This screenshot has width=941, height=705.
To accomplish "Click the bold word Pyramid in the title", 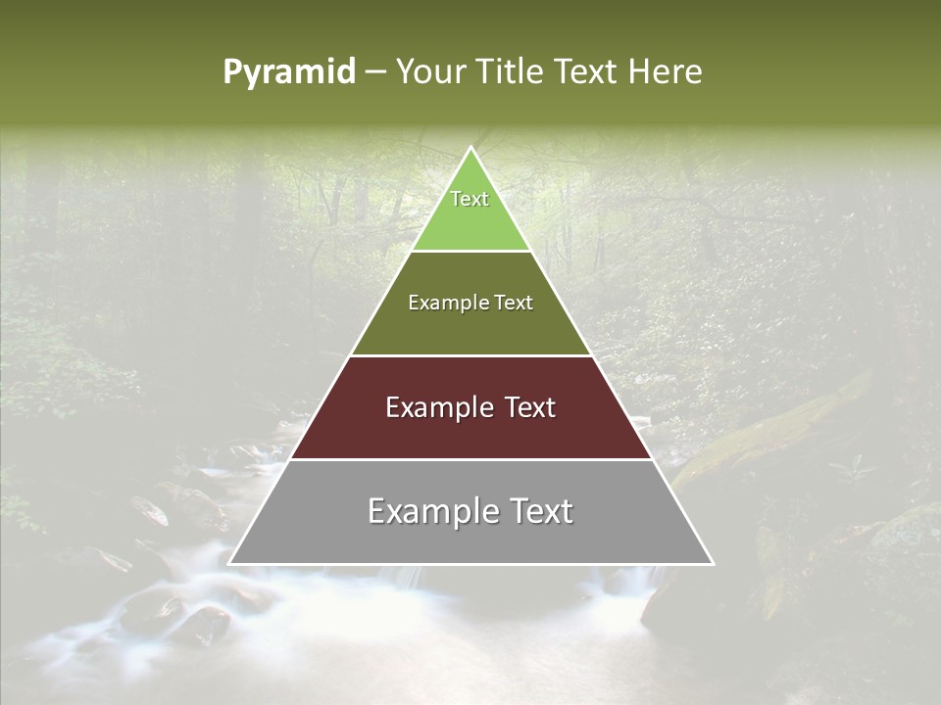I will [x=289, y=72].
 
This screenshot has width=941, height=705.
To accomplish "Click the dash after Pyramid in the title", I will [x=374, y=72].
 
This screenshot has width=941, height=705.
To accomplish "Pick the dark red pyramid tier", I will [x=470, y=431].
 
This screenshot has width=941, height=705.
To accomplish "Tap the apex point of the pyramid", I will [x=470, y=147].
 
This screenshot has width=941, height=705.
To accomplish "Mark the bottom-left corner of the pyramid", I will [x=228, y=564].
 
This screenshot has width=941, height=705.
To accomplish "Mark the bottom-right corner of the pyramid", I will [x=714, y=564].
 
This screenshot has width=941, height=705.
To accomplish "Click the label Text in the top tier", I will [x=470, y=199].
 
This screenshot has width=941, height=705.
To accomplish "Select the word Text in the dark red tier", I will [x=524, y=407].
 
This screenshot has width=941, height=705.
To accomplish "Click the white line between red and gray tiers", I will [x=470, y=459].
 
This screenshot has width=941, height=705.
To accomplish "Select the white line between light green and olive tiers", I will [x=470, y=251].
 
